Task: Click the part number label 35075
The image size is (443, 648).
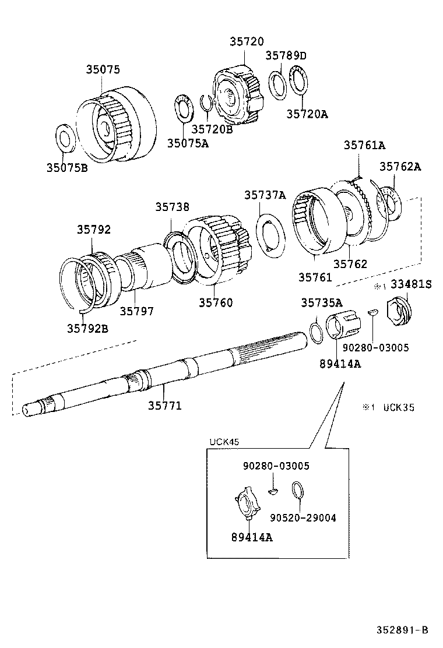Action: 103,70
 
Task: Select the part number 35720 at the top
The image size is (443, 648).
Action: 246,42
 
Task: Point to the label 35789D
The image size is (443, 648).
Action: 286,55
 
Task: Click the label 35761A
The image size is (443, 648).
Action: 364,145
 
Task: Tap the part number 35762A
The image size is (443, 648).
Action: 400,167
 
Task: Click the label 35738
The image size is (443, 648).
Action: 172,207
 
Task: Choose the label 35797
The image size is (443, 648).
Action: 137,311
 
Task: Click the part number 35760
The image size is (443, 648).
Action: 215,302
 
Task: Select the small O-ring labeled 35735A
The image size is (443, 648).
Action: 315,334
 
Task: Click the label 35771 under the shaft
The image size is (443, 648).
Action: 164,405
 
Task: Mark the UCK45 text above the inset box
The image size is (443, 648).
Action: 224,442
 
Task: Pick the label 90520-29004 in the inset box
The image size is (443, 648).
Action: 303,517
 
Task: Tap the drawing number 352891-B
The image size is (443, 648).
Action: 402,630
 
